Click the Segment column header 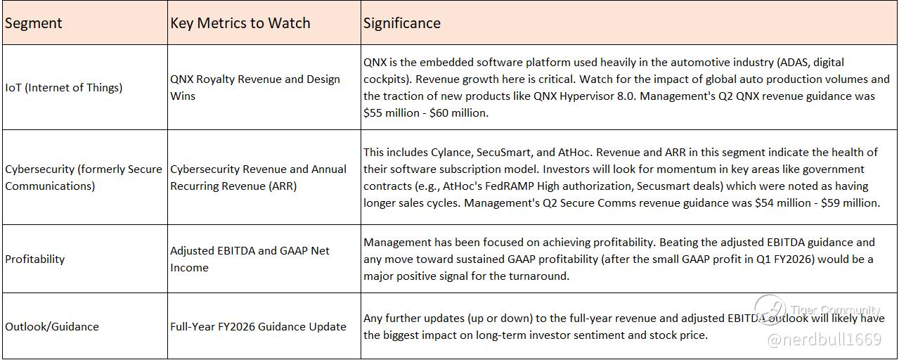[33, 23]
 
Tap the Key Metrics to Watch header [240, 23]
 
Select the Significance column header [402, 23]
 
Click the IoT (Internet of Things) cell [63, 87]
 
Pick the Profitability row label [35, 259]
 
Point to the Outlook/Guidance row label [52, 327]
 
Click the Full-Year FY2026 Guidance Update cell [258, 327]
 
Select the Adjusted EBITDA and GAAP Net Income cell [250, 259]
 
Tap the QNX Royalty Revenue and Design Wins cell [255, 87]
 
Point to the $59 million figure [849, 203]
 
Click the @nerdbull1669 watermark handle [824, 340]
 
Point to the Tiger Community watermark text [835, 310]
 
